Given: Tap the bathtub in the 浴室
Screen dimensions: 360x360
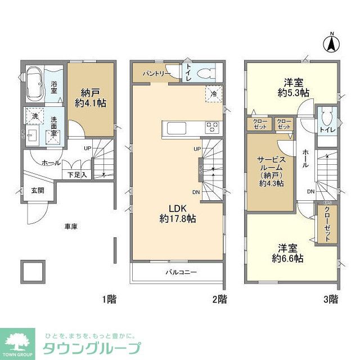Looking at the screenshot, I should tap(35, 84).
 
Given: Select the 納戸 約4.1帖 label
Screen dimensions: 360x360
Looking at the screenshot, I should tap(90, 98).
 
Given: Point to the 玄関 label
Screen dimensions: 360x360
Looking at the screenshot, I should tap(37, 190).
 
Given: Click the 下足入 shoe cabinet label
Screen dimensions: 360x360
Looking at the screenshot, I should tap(77, 174).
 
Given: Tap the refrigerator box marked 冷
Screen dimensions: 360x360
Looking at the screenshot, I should tap(214, 94).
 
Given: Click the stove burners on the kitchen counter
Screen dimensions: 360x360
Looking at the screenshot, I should tap(212, 127).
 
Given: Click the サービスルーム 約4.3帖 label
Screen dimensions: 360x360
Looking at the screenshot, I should tap(271, 170).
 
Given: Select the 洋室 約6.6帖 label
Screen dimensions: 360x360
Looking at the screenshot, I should tap(290, 253).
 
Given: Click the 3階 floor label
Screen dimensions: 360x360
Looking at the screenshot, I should tap(330, 298).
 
